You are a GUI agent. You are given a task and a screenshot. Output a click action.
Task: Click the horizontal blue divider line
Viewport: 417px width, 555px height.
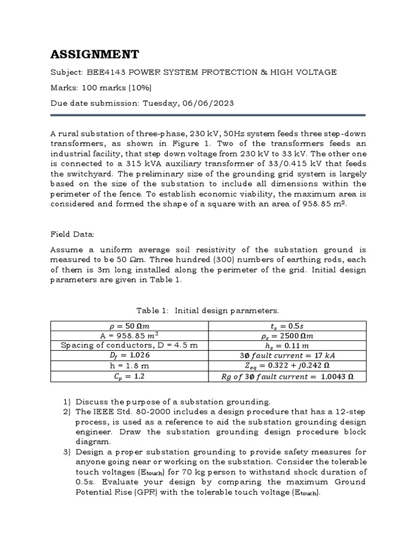point(208,115)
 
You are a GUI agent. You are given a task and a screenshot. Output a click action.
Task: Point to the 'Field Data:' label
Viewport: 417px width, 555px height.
point(72,234)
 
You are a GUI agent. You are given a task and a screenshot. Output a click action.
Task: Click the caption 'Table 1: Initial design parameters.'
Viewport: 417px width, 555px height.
point(207,311)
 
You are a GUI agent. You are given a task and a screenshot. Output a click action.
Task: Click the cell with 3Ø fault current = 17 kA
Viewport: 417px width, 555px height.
point(287,356)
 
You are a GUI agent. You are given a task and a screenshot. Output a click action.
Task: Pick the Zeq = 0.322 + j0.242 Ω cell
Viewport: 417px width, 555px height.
point(287,366)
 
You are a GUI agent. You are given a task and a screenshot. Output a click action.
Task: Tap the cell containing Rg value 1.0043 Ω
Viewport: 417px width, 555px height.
point(287,376)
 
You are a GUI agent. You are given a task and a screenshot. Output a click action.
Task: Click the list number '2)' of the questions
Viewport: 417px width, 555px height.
point(67,412)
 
